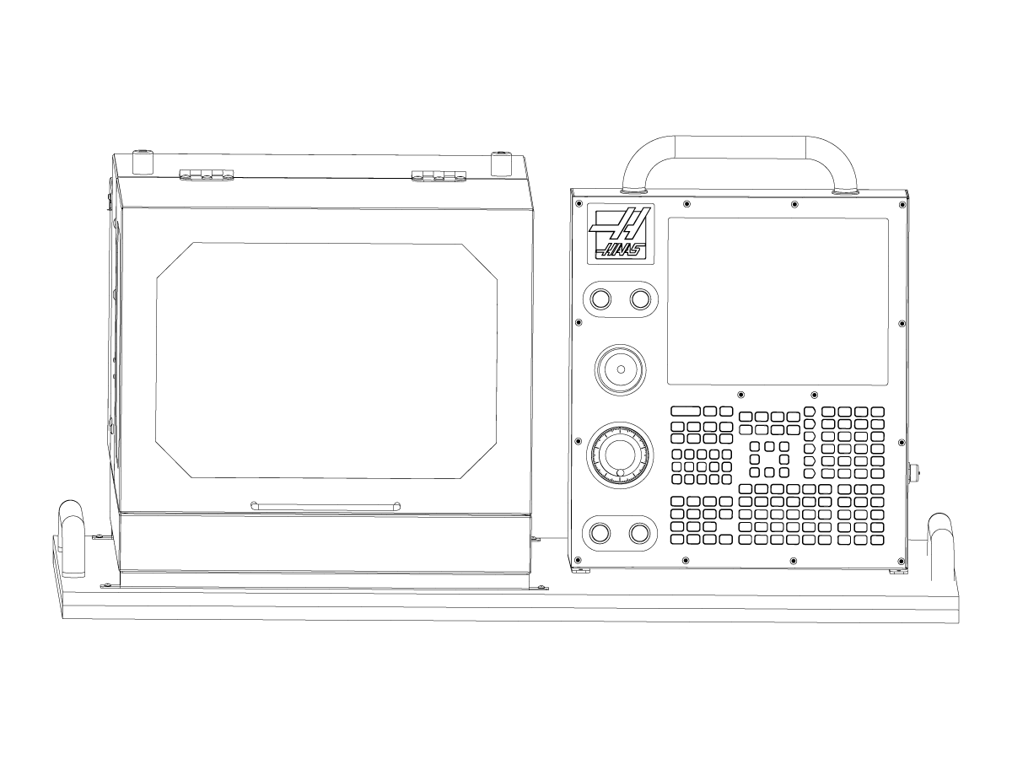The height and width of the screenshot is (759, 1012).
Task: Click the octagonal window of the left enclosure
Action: point(326,360)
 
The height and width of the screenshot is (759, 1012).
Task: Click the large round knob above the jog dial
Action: point(620,369)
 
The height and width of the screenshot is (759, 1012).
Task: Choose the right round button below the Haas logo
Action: point(640,299)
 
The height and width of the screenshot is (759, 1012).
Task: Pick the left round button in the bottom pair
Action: point(600,533)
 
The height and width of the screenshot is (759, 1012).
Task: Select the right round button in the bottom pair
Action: point(640,533)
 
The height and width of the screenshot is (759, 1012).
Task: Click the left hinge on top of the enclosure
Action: point(206,175)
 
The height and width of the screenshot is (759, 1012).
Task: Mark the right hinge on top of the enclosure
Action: point(439,175)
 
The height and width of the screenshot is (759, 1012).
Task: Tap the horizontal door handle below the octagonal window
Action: point(326,505)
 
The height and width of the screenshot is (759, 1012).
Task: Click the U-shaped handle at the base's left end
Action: point(70,523)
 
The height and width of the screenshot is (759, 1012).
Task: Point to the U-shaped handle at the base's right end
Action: point(941,533)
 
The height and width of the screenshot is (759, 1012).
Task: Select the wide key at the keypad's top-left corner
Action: point(686,411)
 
